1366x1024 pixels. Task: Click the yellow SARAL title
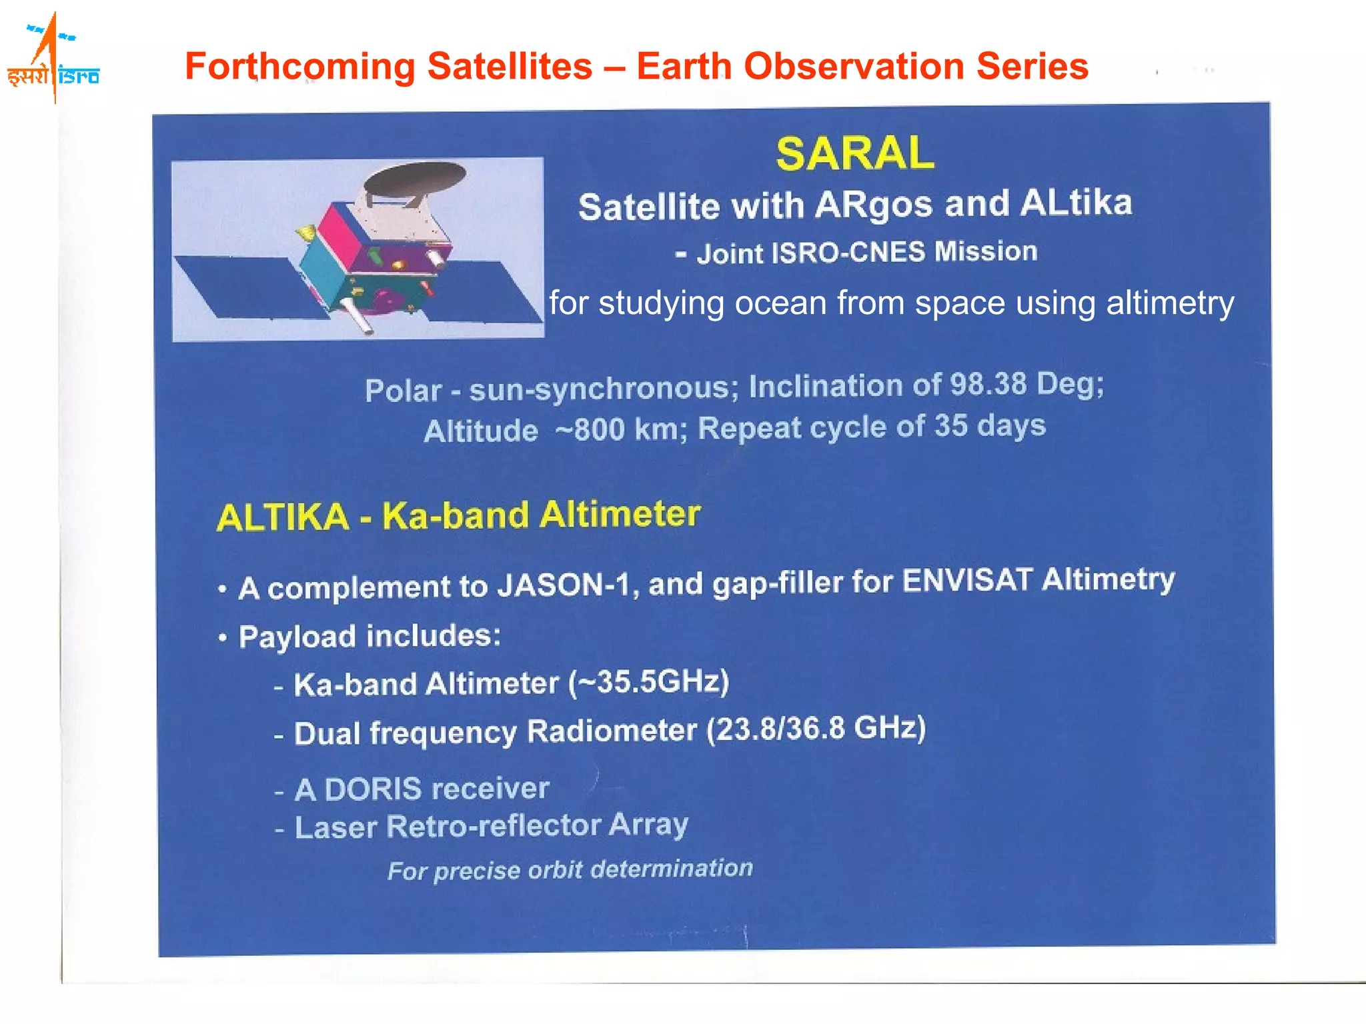(854, 153)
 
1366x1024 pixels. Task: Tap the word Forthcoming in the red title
(299, 67)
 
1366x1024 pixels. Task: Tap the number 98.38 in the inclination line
(988, 384)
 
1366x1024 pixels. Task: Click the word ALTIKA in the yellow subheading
(283, 517)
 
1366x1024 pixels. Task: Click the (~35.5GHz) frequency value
(648, 682)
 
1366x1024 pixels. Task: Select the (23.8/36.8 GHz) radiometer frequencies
(816, 729)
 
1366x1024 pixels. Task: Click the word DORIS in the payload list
(364, 789)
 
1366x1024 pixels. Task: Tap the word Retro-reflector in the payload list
(494, 827)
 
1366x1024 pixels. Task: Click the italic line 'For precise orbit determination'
(570, 869)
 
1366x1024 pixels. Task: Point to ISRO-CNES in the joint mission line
(848, 253)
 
